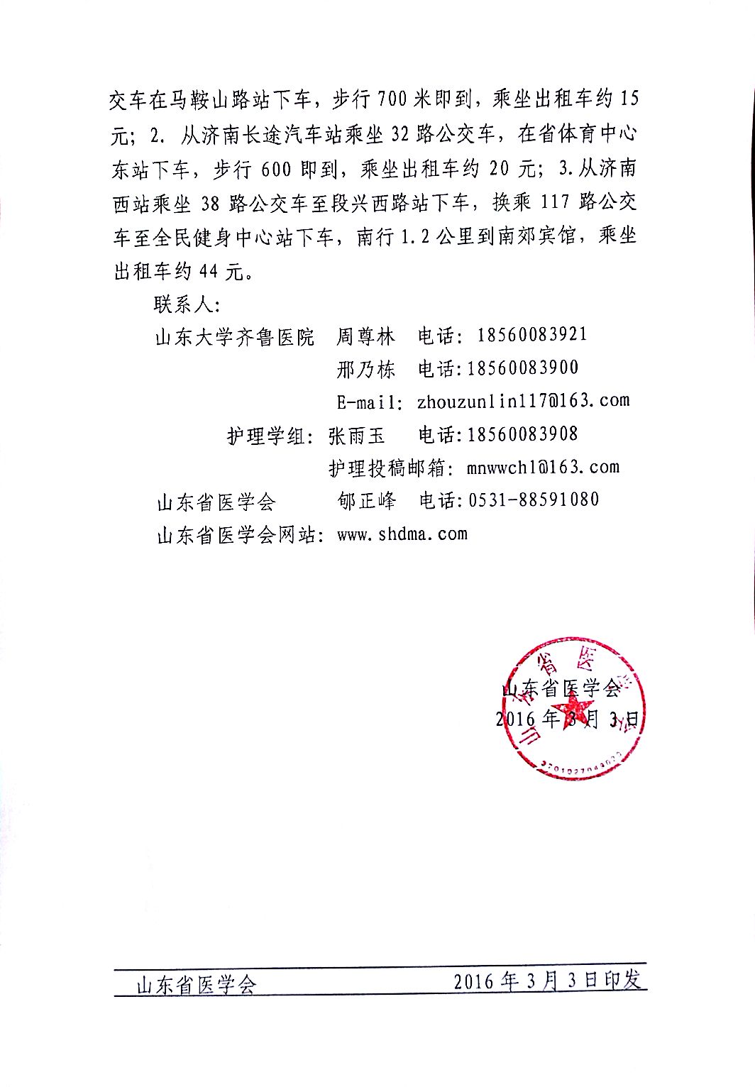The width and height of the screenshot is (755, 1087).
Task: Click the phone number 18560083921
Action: pyautogui.click(x=532, y=334)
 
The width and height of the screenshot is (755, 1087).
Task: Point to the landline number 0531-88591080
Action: pyautogui.click(x=534, y=500)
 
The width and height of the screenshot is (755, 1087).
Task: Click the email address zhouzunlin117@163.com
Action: pyautogui.click(x=523, y=401)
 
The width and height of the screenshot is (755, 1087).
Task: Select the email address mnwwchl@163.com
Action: pyautogui.click(x=543, y=467)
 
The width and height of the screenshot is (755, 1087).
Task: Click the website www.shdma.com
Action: pyautogui.click(x=402, y=534)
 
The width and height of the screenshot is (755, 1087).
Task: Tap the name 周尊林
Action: pyautogui.click(x=365, y=335)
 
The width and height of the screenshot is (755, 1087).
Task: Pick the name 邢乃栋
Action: pyautogui.click(x=365, y=368)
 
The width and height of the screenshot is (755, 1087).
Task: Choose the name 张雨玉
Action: pyautogui.click(x=356, y=434)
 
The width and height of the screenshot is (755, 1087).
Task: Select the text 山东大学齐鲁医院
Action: pyautogui.click(x=234, y=335)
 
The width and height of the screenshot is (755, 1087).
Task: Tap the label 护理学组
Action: pyautogui.click(x=266, y=434)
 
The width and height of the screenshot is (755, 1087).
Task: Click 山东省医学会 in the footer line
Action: pyautogui.click(x=196, y=984)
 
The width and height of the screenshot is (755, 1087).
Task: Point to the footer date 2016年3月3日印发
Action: pyautogui.click(x=547, y=981)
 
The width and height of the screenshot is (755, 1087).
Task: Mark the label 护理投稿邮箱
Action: pyautogui.click(x=386, y=468)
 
